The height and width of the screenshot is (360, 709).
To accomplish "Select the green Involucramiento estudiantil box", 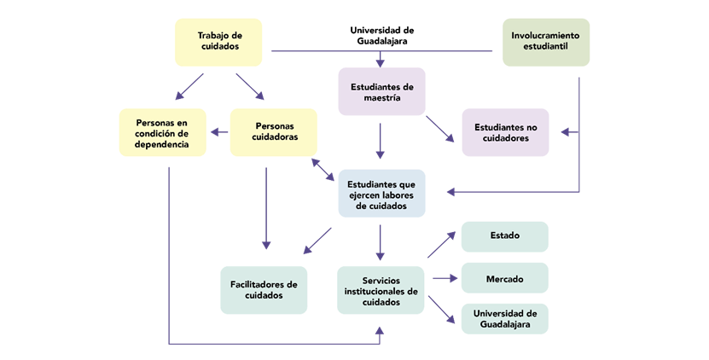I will tap(546, 42).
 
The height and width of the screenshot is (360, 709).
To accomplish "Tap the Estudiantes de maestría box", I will tap(381, 92).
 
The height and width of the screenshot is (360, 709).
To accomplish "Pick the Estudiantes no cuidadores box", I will tap(506, 132).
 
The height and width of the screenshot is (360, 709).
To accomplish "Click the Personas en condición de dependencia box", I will tap(163, 132).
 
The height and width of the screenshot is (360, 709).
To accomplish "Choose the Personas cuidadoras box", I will tap(274, 132).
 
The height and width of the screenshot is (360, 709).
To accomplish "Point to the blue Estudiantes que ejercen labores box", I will tap(381, 193).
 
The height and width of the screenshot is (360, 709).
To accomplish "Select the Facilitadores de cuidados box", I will tap(264, 290).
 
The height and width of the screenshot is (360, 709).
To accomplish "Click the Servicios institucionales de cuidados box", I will tap(381, 290).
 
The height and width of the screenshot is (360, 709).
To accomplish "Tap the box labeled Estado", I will tap(505, 236).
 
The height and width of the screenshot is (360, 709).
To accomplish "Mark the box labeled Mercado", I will tap(505, 278).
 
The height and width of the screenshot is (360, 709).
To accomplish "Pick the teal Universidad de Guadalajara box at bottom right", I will tap(505, 318).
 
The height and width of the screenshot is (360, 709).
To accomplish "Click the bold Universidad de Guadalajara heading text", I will tap(381, 35).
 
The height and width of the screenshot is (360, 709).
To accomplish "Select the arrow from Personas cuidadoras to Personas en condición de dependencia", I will tap(218, 132).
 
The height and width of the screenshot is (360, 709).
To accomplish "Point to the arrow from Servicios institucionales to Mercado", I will tap(445, 278).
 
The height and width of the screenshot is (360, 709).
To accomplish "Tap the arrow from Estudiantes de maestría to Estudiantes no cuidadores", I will tap(441, 127).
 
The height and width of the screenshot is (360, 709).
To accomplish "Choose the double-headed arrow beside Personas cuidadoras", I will tap(323, 168).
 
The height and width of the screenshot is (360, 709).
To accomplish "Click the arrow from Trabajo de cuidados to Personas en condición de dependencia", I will tap(190, 86).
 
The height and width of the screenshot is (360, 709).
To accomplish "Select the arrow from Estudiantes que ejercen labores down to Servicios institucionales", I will tap(381, 242).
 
